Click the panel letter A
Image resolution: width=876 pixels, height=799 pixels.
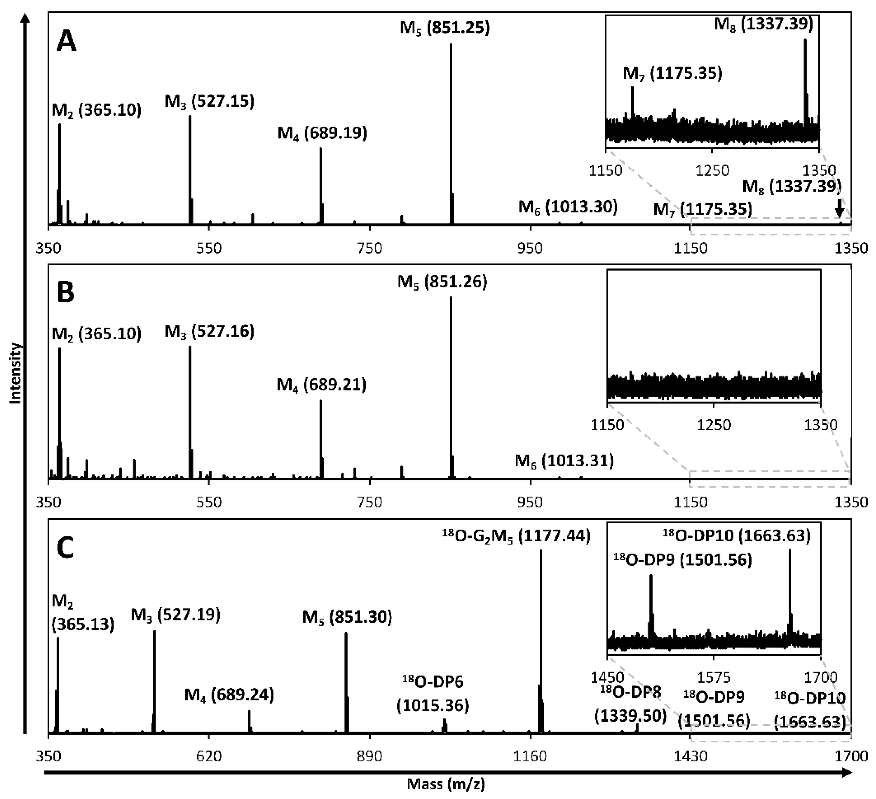click(x=66, y=43)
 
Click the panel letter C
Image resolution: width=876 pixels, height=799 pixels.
click(x=66, y=548)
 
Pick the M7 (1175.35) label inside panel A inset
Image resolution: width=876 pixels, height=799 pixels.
click(x=672, y=74)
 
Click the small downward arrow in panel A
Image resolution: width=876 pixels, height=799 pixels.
click(x=839, y=208)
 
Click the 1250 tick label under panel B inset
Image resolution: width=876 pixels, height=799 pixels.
click(x=714, y=425)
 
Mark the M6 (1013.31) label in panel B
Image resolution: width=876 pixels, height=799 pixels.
click(x=564, y=461)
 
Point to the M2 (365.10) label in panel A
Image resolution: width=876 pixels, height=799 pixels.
click(x=96, y=110)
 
